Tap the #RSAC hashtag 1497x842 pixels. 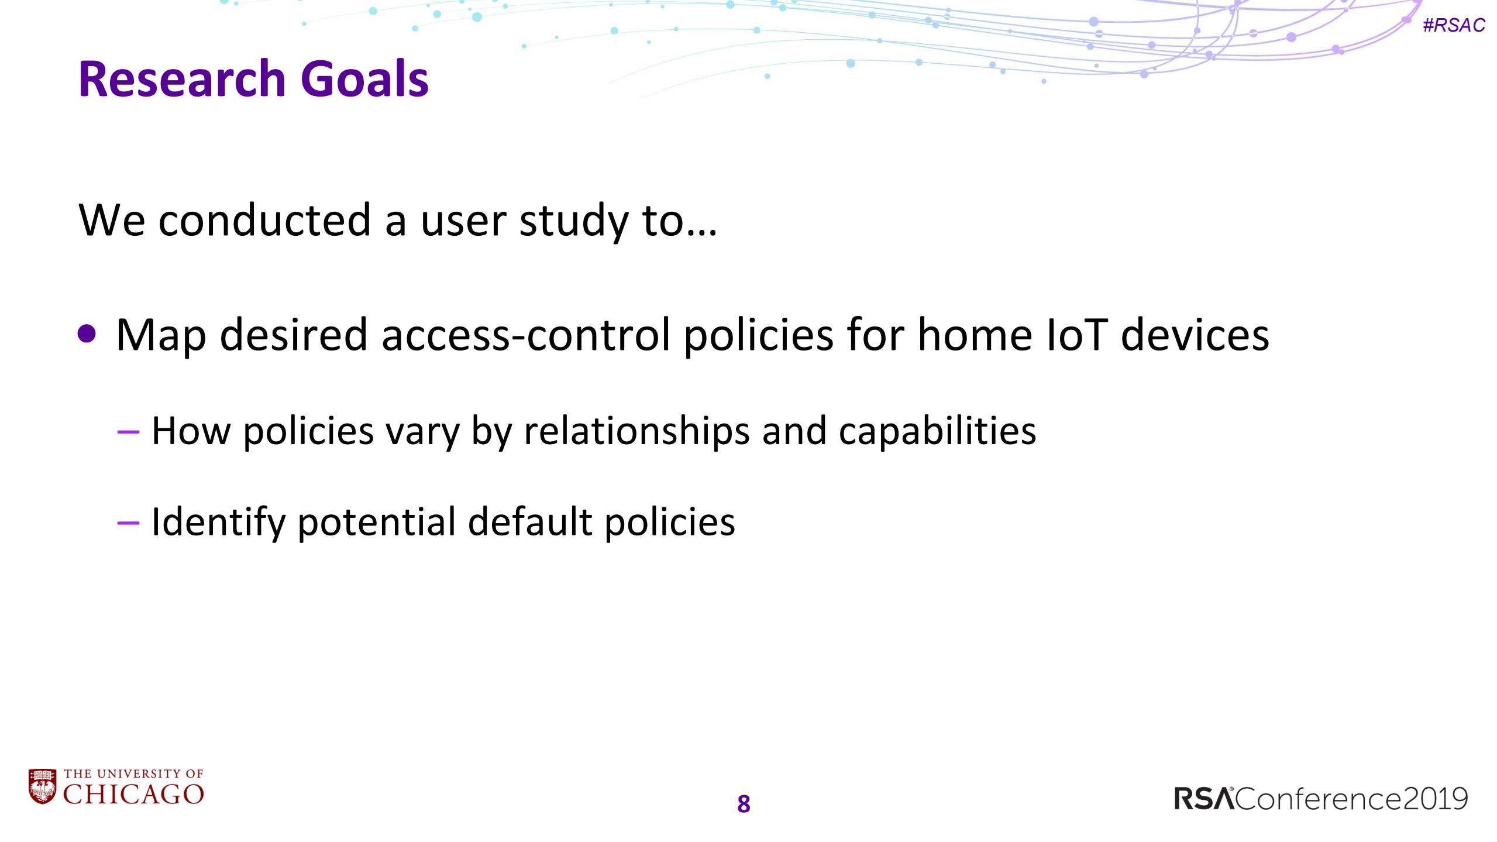click(x=1453, y=25)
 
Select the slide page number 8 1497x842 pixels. click(x=744, y=804)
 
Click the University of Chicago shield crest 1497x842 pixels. click(x=42, y=786)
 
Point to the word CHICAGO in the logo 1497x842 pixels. click(x=133, y=794)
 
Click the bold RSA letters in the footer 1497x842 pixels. click(x=1203, y=799)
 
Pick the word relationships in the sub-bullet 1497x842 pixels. click(x=636, y=431)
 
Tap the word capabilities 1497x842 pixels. click(x=937, y=431)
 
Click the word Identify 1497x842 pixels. click(x=218, y=522)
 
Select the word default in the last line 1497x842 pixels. click(x=530, y=522)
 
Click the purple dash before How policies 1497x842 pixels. click(x=128, y=432)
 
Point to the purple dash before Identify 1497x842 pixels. click(x=128, y=523)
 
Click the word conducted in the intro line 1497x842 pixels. click(x=264, y=221)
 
